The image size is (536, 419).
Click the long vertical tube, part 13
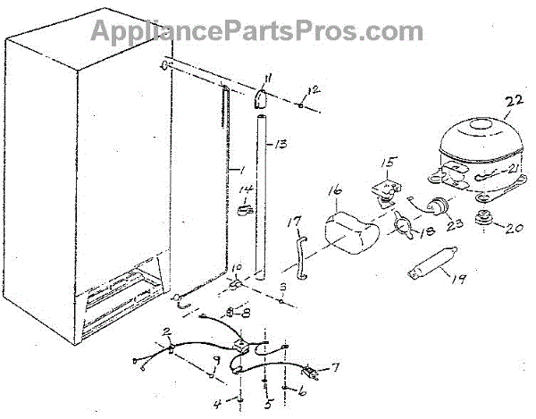(x=264, y=197)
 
